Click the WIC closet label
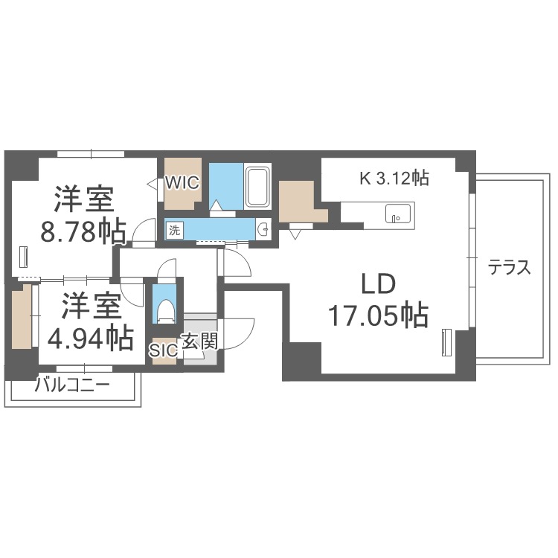182,183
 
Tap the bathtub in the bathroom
257,187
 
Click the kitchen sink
398,214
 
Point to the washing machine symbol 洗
174,231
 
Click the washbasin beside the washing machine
263,230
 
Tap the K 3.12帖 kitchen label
394,178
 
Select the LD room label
379,284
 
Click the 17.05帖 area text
378,315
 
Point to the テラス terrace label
509,267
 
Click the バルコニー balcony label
73,385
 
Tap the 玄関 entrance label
199,342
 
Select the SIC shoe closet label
164,350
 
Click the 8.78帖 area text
83,231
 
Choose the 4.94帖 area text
91,339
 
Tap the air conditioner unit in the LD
446,342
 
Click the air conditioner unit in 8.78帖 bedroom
25,256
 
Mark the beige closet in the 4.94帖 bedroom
22,316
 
